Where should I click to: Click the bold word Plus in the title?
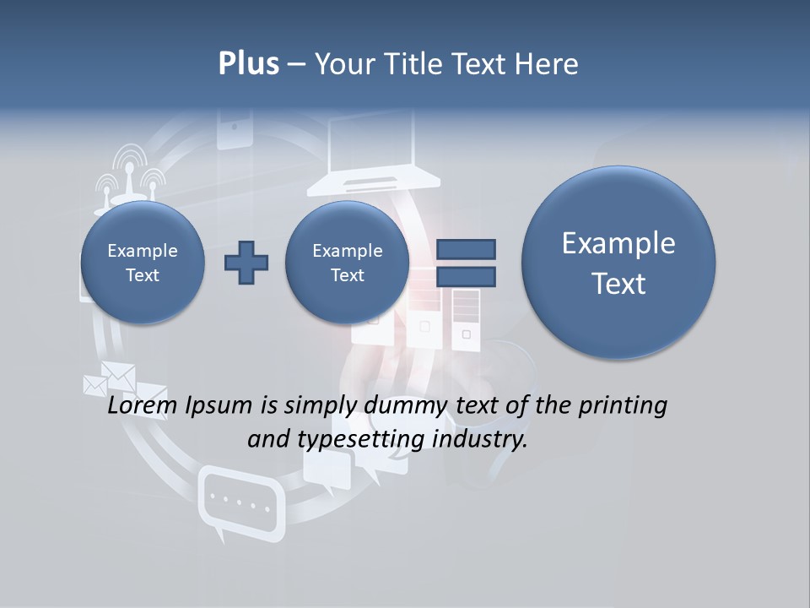(x=248, y=64)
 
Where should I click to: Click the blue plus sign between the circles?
(x=246, y=263)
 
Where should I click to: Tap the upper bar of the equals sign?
(x=466, y=249)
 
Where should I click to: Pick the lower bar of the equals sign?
(x=466, y=276)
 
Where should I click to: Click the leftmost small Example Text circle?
(x=143, y=263)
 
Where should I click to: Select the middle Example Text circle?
(x=347, y=263)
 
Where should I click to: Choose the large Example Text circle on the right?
(x=618, y=263)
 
